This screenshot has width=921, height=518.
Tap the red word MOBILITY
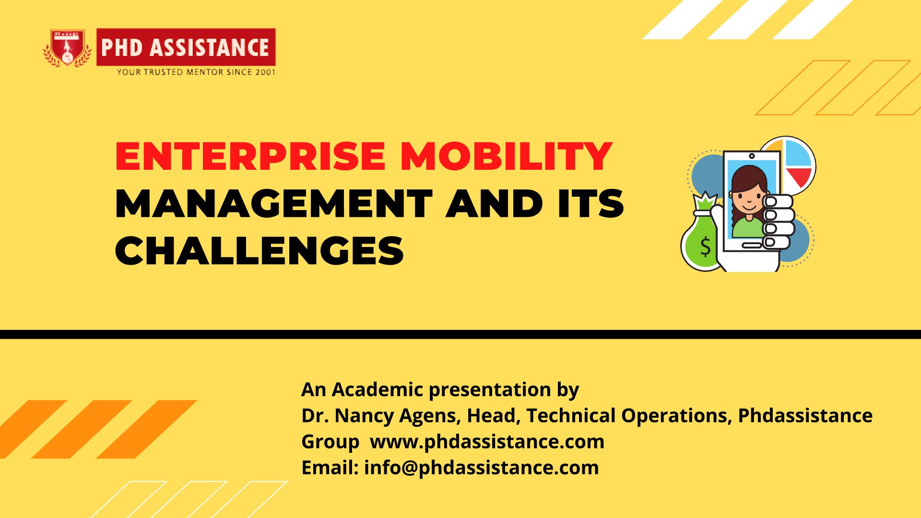click(x=507, y=156)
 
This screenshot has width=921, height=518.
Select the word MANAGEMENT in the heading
click(x=274, y=203)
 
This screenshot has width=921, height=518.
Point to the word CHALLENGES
click(x=260, y=250)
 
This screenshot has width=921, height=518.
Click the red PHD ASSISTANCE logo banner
click(x=186, y=47)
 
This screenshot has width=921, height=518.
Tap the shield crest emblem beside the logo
click(x=68, y=48)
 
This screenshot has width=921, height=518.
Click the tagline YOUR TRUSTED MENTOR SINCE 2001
click(x=196, y=72)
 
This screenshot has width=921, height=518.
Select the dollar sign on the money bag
click(x=705, y=247)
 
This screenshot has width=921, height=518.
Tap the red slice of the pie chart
click(x=800, y=177)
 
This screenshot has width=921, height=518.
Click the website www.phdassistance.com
click(x=487, y=442)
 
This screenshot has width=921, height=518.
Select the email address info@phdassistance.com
click(x=481, y=468)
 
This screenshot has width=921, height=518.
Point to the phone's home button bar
click(x=751, y=246)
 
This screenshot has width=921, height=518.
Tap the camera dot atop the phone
click(x=752, y=156)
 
